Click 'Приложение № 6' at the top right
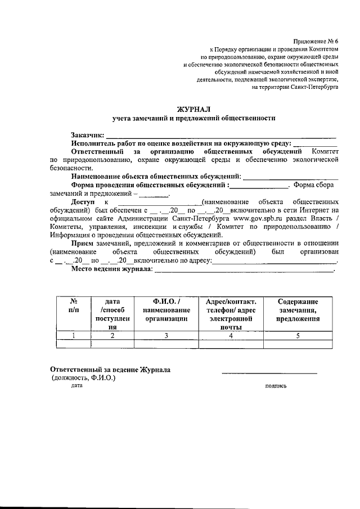[316, 42]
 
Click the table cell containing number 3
[165, 336]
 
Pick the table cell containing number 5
[298, 336]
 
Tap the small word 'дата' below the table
[77, 386]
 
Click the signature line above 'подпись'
[269, 373]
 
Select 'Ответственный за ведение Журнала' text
[110, 370]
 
